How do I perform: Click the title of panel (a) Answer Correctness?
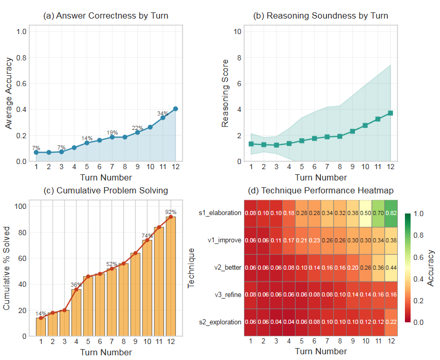coord(106,16)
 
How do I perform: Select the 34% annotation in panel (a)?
coord(162,113)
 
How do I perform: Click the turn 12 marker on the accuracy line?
coord(175,109)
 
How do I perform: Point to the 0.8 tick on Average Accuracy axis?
coord(21,57)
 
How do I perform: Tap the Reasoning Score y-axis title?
coord(225,93)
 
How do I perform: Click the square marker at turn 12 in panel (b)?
coord(390,113)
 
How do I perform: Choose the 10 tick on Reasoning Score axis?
coord(238,31)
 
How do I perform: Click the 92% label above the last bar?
coord(171,211)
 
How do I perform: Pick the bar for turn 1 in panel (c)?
coord(41,326)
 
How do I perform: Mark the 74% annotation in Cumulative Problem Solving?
coord(148,235)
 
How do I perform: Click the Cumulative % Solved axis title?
coord(8,269)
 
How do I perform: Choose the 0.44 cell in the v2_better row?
coord(390,268)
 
